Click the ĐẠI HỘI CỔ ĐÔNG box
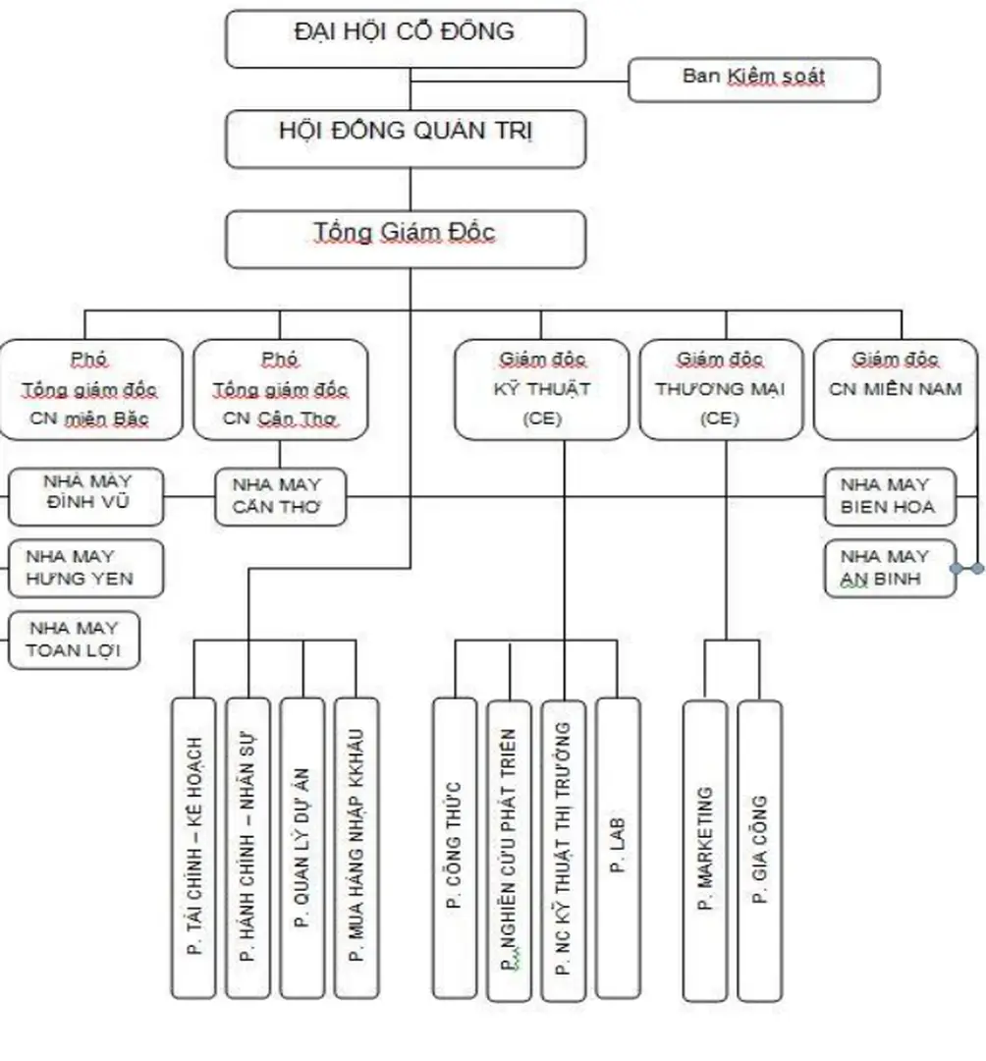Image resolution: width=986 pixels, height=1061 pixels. click(405, 38)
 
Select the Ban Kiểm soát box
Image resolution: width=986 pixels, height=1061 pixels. click(753, 79)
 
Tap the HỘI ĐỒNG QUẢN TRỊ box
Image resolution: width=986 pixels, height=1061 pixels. click(405, 139)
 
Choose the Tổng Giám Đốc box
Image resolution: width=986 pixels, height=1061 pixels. click(405, 239)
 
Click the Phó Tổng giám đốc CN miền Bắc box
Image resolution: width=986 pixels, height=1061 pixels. click(90, 389)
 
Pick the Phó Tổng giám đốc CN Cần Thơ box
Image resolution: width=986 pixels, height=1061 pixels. click(280, 389)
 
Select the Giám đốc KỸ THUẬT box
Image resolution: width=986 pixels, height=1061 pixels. click(541, 389)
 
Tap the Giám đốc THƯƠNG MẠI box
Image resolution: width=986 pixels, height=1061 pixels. click(726, 389)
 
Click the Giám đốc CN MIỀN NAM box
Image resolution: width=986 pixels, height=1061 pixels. click(895, 389)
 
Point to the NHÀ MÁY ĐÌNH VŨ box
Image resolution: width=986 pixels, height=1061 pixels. click(87, 496)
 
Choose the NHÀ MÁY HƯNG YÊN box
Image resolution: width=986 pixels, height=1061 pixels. click(87, 568)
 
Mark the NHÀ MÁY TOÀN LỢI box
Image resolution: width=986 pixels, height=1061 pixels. click(75, 640)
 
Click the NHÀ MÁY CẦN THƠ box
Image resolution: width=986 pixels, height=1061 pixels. click(281, 497)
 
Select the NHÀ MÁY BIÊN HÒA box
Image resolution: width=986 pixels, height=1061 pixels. click(890, 496)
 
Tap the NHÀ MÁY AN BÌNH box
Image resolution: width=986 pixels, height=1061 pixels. click(890, 568)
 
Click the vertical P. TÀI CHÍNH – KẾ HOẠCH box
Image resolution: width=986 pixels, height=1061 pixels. click(193, 848)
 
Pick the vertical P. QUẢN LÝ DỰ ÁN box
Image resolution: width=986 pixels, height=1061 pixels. click(301, 848)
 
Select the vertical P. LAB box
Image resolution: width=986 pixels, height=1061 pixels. click(618, 848)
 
